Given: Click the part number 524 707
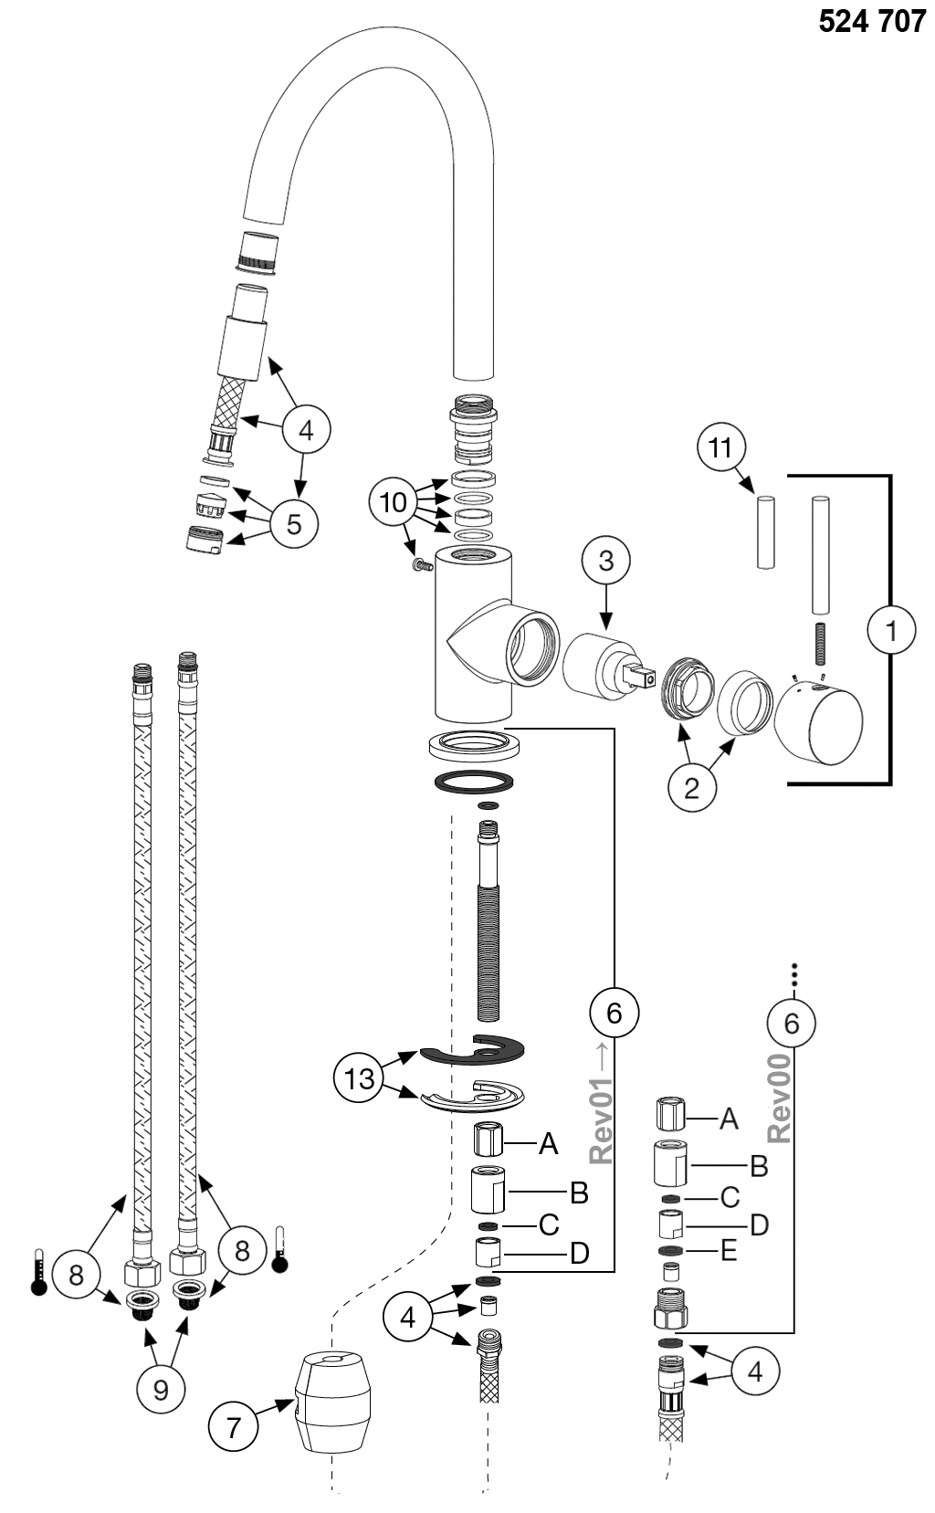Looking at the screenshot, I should click(x=871, y=21).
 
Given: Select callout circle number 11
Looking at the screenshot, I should click(x=721, y=448).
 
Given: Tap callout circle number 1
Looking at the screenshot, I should click(x=891, y=630).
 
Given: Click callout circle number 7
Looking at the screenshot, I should click(x=234, y=1426).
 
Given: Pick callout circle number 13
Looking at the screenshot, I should click(x=360, y=1078).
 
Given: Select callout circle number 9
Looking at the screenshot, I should click(x=161, y=1390).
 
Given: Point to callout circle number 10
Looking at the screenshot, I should click(x=394, y=503).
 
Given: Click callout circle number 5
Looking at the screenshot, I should click(x=293, y=523).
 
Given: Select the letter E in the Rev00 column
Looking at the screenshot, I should click(x=728, y=1250).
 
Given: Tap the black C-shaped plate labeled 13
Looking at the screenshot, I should click(x=473, y=1053).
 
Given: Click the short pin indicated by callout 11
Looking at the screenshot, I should click(x=766, y=532).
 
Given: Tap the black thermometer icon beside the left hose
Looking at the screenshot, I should click(x=37, y=1272).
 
